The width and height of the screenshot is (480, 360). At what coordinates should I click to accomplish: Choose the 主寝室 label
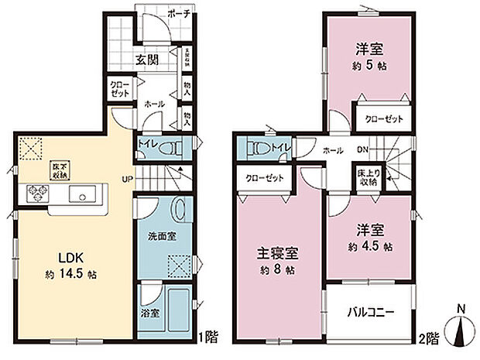[x=278, y=254]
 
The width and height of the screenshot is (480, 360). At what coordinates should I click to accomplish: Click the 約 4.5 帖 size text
[x=367, y=247]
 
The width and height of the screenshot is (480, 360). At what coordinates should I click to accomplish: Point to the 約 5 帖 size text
[x=371, y=66]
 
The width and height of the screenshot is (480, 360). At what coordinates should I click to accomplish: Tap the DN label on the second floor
[x=362, y=150]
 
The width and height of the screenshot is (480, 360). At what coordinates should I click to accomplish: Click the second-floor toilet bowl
[x=261, y=147]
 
